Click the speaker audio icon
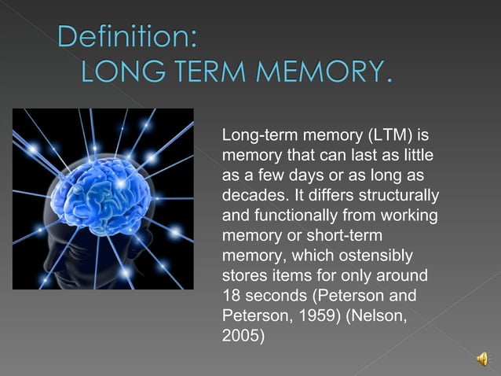[481, 359]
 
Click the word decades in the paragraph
[251, 194]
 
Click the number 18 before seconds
[232, 296]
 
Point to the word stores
[243, 275]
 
